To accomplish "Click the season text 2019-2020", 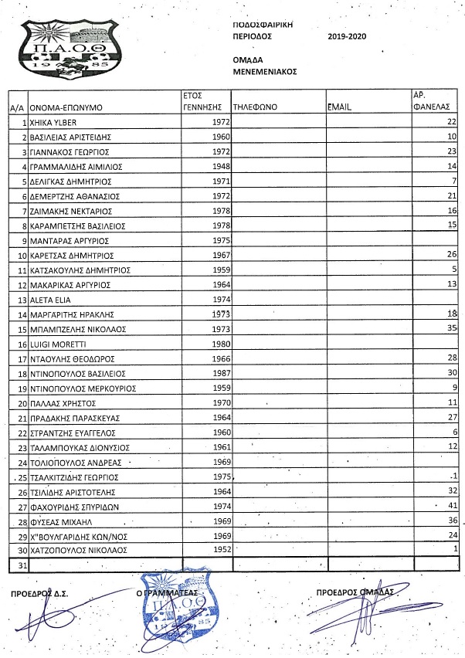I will (348, 36).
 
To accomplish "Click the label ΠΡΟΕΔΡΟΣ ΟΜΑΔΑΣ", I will (355, 592).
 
